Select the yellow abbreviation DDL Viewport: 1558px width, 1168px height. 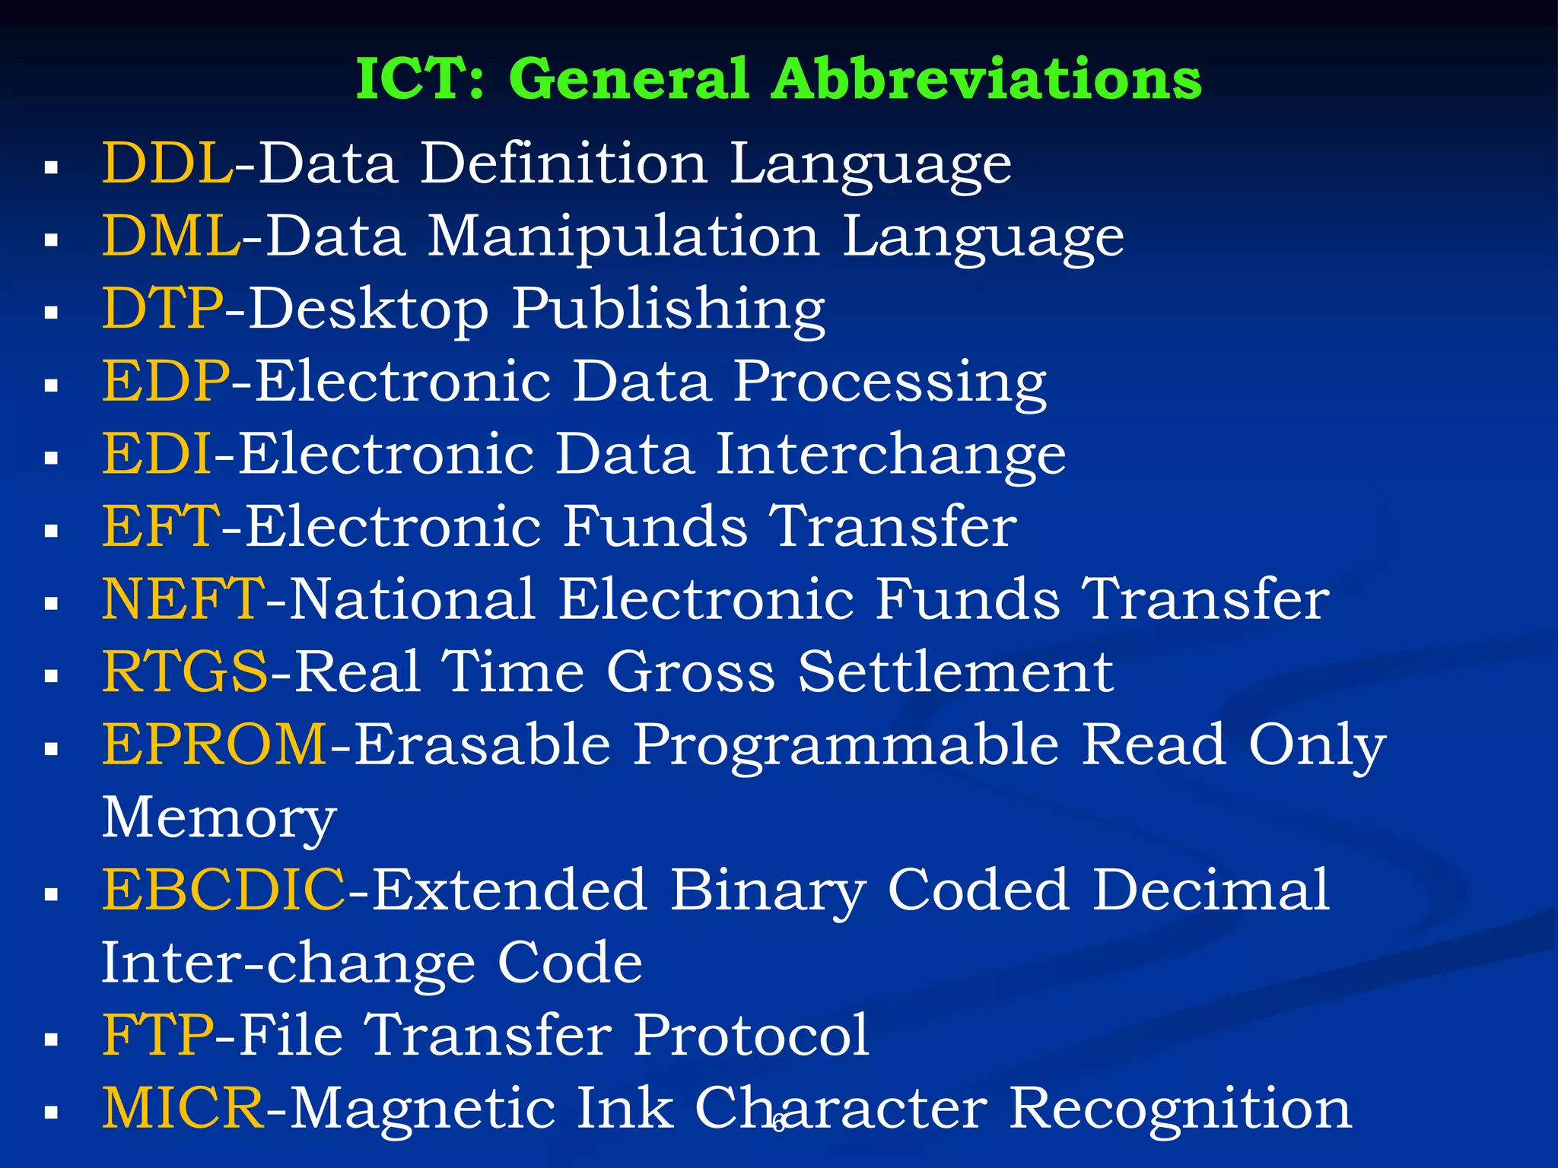[167, 163]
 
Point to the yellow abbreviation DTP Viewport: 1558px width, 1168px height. [163, 308]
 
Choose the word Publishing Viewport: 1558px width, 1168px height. [668, 309]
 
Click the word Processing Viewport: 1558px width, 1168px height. [889, 382]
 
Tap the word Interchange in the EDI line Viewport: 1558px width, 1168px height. [890, 454]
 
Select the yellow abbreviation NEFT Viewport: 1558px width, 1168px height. [183, 599]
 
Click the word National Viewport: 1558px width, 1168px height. [413, 599]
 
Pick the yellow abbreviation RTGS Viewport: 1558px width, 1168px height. [185, 672]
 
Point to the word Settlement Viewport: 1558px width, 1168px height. [955, 672]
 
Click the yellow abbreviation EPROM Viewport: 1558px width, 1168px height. [215, 744]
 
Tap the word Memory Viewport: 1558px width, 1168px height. [219, 819]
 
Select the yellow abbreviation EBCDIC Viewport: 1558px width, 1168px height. [224, 890]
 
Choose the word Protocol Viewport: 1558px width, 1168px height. [751, 1035]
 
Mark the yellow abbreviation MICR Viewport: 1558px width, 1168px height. [183, 1108]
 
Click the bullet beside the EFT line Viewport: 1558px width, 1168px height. [52, 531]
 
